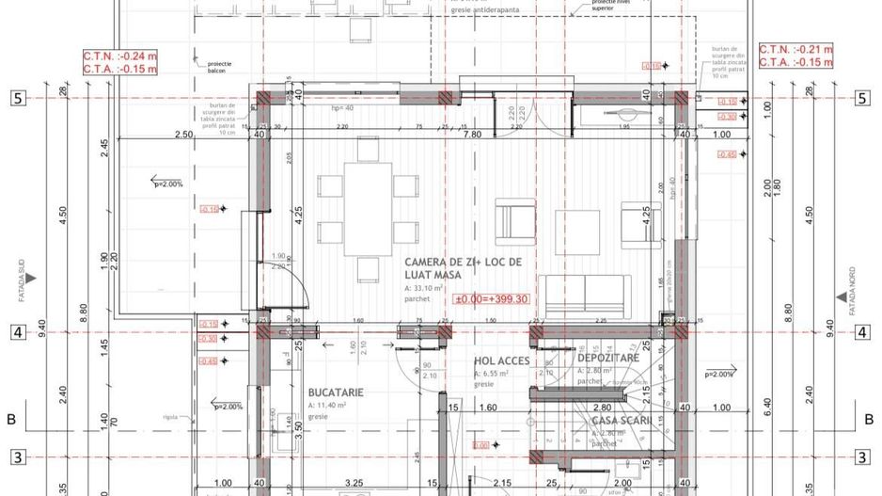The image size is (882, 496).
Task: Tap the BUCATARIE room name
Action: (335, 392)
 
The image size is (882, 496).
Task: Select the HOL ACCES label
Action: (502, 360)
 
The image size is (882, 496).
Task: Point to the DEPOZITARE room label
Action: (607, 359)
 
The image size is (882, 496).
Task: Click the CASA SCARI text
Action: (617, 420)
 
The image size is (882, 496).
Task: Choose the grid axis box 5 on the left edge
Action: (17, 99)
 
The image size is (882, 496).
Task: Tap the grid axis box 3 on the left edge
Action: (17, 457)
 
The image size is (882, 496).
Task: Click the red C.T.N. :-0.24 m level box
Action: (121, 62)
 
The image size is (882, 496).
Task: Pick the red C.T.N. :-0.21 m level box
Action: (795, 56)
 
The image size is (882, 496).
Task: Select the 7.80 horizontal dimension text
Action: (472, 135)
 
